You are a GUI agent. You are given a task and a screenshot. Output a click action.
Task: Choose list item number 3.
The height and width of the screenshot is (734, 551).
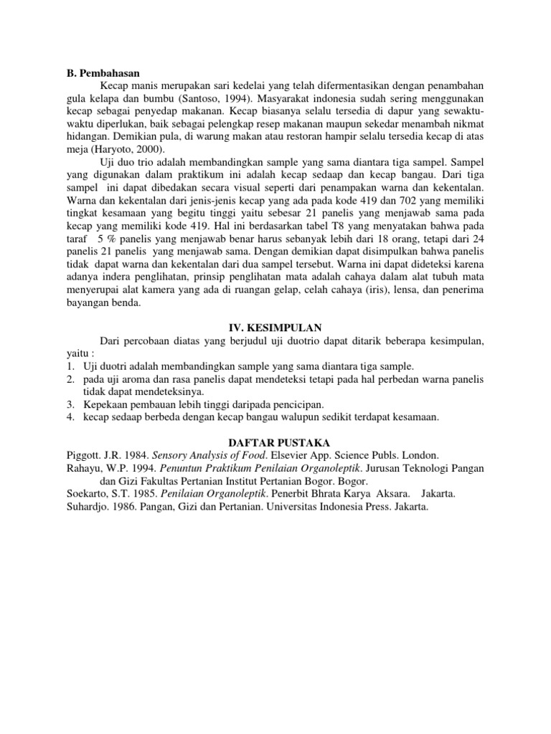click(x=62, y=404)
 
